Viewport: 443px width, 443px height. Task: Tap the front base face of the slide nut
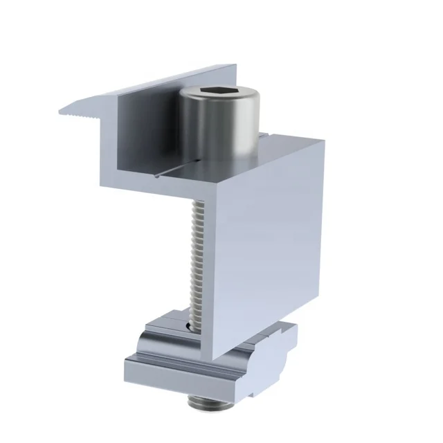tap(180, 377)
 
